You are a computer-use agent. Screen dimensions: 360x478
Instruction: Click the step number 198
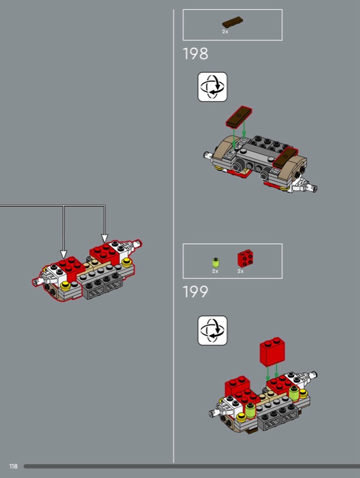point(196,54)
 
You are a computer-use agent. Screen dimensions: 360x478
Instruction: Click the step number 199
point(196,292)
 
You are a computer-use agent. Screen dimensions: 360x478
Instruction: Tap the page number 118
point(13,466)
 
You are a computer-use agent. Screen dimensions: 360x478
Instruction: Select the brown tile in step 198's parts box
point(233,23)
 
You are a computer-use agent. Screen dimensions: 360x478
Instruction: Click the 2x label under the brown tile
point(225,32)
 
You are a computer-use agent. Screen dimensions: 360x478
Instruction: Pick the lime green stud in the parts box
point(216,262)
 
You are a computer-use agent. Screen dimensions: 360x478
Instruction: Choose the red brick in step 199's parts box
point(245,258)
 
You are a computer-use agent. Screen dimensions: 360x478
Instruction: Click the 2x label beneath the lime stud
point(215,271)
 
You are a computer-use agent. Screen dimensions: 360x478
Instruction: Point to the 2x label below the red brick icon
point(240,271)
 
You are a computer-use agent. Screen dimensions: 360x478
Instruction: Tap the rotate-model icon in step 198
point(212,87)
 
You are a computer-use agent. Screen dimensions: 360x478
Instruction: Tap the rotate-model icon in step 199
point(212,330)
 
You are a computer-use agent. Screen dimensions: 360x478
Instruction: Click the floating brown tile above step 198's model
point(239,117)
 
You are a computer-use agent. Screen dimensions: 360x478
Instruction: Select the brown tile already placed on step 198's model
point(285,157)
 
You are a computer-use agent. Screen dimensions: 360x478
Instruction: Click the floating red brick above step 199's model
point(272,351)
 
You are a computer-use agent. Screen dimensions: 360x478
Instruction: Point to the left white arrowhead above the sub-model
point(63,255)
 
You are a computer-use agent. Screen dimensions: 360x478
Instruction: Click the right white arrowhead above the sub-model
point(105,238)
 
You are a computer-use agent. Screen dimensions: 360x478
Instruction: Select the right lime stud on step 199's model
point(294,393)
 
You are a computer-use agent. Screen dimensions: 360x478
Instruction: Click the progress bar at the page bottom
point(191,467)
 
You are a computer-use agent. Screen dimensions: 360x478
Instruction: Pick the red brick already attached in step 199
point(237,385)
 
